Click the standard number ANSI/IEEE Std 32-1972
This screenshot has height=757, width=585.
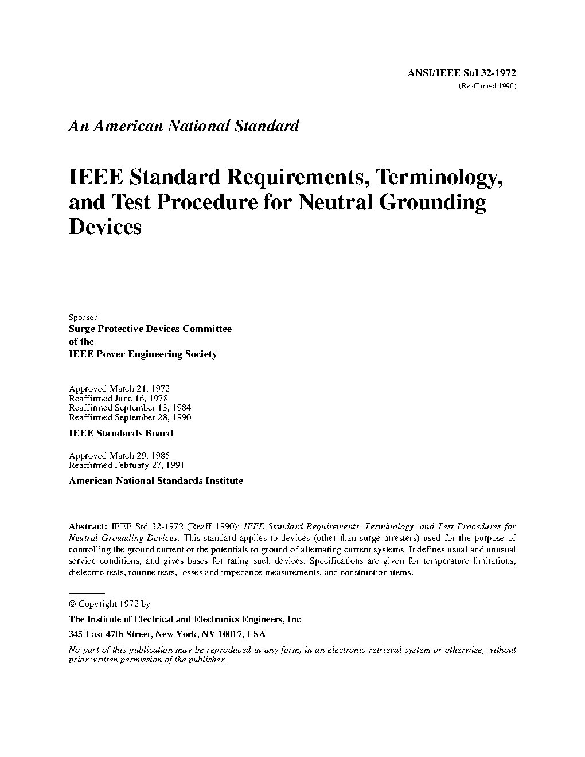[462, 73]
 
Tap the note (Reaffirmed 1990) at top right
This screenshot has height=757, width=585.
[487, 86]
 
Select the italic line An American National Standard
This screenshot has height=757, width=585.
[184, 126]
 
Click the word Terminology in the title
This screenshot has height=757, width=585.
[437, 178]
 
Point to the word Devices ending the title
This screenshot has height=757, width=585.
[105, 227]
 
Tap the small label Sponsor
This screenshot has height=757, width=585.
[83, 317]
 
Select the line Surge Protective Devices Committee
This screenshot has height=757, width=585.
[150, 329]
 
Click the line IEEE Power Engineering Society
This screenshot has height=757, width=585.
[143, 354]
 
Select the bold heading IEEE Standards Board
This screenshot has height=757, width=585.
[120, 434]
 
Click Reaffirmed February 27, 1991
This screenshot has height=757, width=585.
[126, 466]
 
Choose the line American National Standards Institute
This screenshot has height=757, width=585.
[156, 481]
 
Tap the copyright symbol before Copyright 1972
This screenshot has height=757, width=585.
[72, 604]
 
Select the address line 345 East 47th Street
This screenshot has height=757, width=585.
[167, 635]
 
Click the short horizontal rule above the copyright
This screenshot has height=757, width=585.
[87, 594]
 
